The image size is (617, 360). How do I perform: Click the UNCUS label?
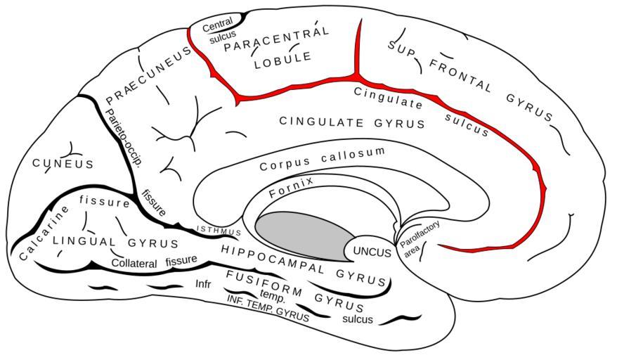pos(372,252)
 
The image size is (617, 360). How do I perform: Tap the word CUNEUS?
pos(63,163)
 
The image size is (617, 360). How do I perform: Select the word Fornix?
pos(292,187)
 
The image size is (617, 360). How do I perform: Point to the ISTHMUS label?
pos(218,231)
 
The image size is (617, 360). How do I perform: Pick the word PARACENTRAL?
pos(276,39)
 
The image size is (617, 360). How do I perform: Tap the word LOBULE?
pos(283,60)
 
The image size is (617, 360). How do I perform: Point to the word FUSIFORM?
pos(264,283)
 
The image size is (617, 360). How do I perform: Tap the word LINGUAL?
pos(84,241)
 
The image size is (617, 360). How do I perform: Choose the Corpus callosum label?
pos(323,159)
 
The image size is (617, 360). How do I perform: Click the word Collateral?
pos(135,264)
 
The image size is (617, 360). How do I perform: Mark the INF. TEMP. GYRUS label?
pos(268,309)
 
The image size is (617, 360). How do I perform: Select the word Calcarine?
pos(44,233)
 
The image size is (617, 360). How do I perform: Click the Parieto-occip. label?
pos(123,137)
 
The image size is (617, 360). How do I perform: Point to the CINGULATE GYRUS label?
pos(352,122)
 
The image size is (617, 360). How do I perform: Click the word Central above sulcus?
pos(218,25)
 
